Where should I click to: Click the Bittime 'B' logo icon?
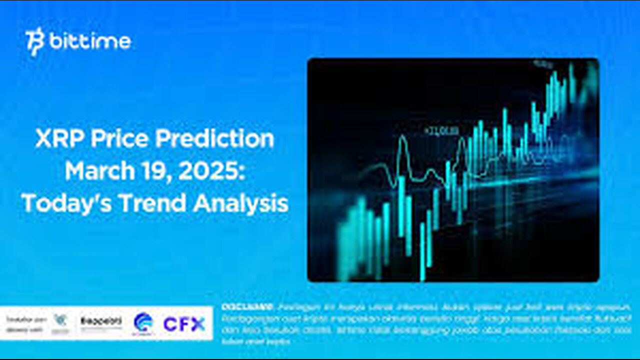35,42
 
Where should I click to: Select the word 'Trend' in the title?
149,204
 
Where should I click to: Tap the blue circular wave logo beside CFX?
143,324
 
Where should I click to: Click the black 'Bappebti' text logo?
101,321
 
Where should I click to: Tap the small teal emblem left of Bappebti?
60,321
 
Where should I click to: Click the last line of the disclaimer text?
255,341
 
